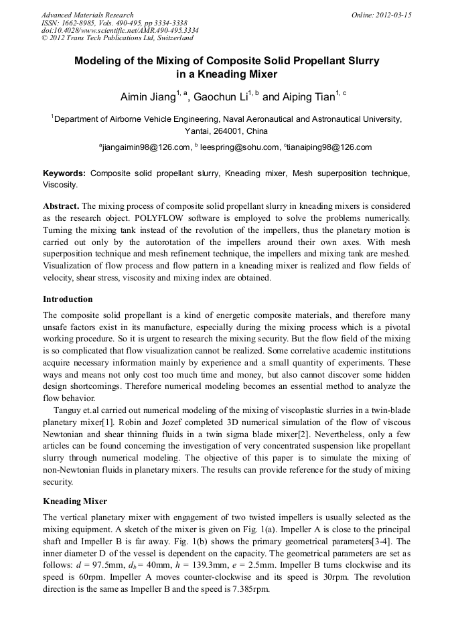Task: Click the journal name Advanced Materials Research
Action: click(x=87, y=15)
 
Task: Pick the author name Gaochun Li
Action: click(x=220, y=97)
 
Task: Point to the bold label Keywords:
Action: click(x=64, y=173)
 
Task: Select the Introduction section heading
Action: click(x=68, y=299)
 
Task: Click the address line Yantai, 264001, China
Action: click(x=226, y=131)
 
